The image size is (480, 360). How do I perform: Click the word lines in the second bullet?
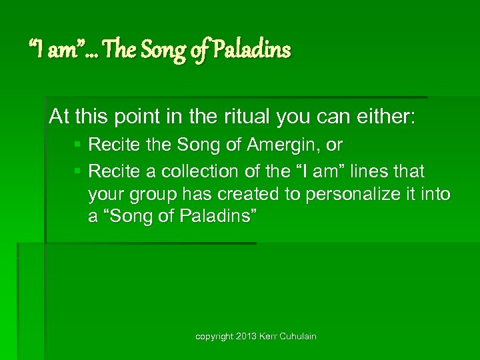[375, 172]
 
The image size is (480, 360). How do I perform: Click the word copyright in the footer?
[215, 337]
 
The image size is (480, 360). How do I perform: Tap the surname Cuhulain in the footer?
[297, 337]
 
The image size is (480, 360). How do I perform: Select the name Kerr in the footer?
[268, 337]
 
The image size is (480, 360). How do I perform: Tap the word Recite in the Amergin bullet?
[109, 145]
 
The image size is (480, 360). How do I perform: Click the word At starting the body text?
[59, 117]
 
